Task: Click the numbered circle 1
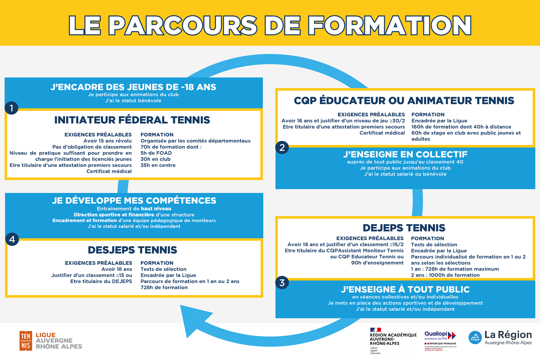pos(12,108)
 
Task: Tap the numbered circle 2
pos(282,147)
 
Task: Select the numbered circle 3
pos(282,283)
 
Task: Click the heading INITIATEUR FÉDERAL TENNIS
pos(132,120)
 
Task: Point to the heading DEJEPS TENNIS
pos(404,228)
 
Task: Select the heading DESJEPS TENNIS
pos(132,250)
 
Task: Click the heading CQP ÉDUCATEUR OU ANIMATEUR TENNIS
pos(404,101)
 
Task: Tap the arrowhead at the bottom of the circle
pos(189,314)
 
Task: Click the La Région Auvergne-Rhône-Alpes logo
pos(500,338)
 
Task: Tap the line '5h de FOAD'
pos(153,153)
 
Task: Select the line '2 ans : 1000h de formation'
pos(445,275)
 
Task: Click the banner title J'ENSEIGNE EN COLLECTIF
pos(405,154)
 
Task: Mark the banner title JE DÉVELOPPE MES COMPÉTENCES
pos(134,201)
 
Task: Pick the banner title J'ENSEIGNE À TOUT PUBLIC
pos(405,289)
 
